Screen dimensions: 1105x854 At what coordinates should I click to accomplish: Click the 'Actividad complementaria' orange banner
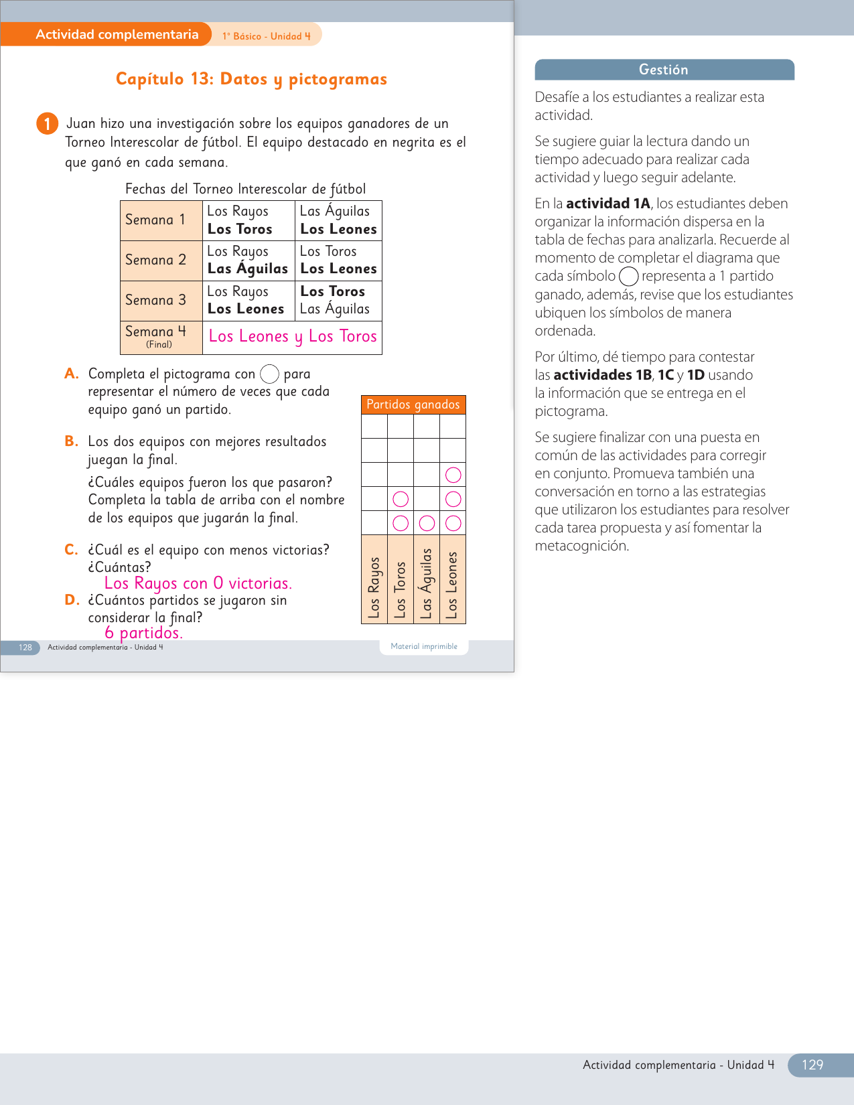tap(117, 35)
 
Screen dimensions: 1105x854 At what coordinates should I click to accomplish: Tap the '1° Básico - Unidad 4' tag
tap(267, 36)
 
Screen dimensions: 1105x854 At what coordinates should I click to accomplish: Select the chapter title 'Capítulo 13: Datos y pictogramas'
tap(251, 79)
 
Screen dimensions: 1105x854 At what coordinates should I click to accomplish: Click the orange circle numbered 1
tap(47, 124)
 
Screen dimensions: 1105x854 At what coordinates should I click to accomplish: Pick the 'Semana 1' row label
tap(155, 220)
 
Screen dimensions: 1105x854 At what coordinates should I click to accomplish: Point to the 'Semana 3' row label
tap(155, 300)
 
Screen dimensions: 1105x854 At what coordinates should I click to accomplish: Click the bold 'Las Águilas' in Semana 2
tap(248, 269)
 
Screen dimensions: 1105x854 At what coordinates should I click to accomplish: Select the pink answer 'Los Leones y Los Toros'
tap(293, 336)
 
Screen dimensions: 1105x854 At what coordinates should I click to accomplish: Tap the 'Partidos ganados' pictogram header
tap(413, 404)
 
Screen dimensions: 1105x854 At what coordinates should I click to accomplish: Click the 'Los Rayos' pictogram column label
tap(374, 587)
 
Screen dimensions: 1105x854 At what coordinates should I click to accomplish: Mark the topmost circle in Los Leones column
tap(453, 475)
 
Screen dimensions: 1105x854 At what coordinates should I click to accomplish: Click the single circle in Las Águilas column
tap(427, 523)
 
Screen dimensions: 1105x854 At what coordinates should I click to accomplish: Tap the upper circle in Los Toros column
tap(401, 499)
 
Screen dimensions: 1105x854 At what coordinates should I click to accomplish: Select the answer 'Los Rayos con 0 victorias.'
tap(198, 583)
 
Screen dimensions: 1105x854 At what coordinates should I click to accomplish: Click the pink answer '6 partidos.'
tap(143, 633)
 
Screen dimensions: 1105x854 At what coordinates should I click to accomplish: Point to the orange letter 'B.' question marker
tap(71, 441)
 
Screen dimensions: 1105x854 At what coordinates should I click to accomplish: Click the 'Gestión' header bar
tap(664, 70)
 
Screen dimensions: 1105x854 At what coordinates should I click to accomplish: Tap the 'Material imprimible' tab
tap(424, 646)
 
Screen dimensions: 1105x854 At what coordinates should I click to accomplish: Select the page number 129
tap(812, 1065)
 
